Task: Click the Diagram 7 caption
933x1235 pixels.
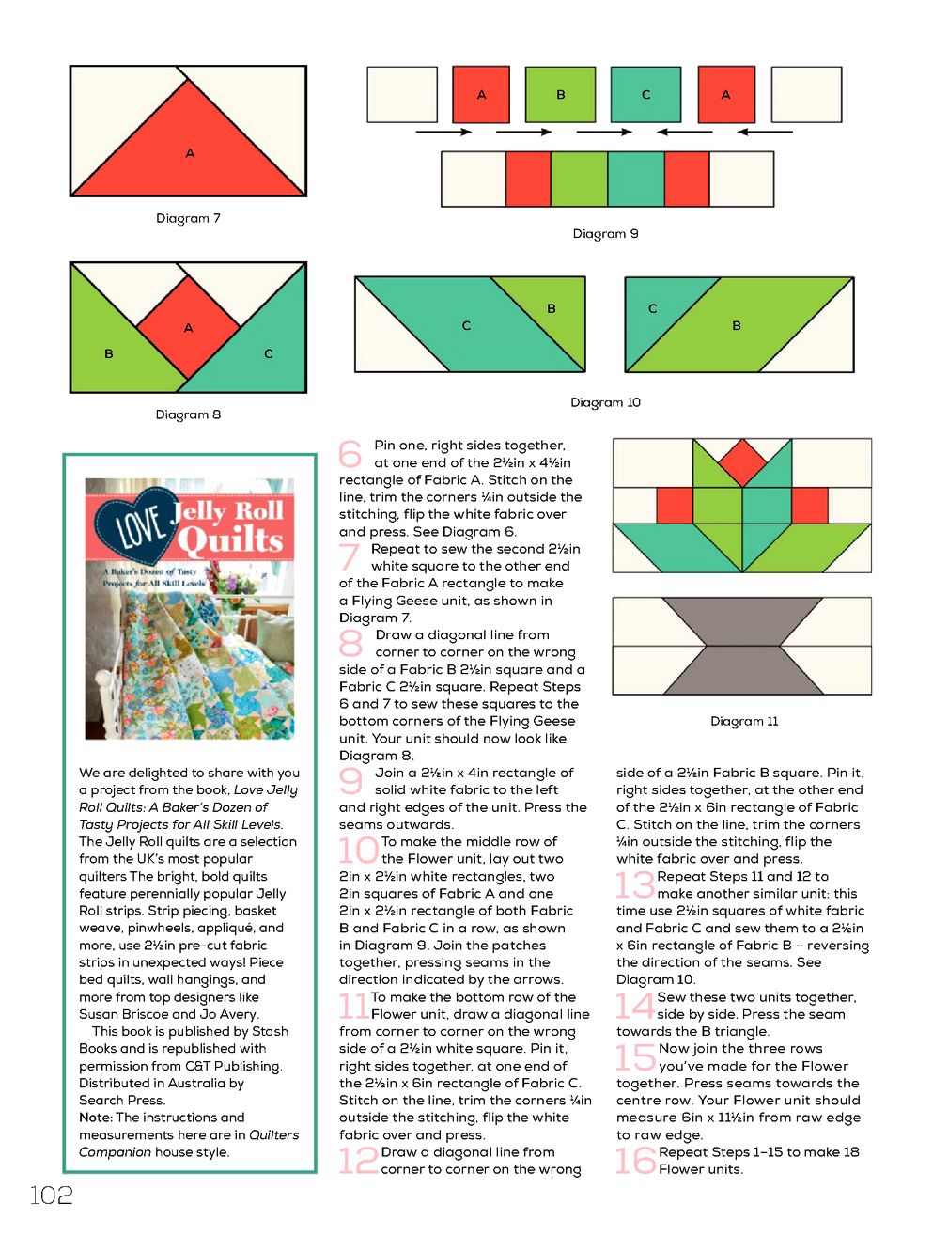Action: (188, 218)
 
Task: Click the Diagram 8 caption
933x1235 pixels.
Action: (188, 414)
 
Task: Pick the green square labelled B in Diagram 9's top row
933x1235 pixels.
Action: (560, 94)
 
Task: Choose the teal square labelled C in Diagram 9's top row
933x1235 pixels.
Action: (645, 94)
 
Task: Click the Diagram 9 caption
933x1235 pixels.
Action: (605, 234)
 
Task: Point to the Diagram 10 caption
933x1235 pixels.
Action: (605, 402)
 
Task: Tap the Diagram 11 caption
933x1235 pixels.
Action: (744, 722)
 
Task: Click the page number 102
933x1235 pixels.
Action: (52, 1196)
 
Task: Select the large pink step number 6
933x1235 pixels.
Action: (350, 454)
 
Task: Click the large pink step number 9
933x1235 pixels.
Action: (350, 781)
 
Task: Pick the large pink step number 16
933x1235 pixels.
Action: (635, 1161)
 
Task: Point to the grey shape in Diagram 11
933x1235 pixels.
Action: (742, 648)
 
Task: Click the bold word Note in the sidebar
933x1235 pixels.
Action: (95, 1118)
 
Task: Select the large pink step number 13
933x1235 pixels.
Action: (634, 884)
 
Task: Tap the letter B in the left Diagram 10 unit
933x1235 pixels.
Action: (551, 308)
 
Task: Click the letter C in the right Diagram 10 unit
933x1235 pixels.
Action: (652, 308)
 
